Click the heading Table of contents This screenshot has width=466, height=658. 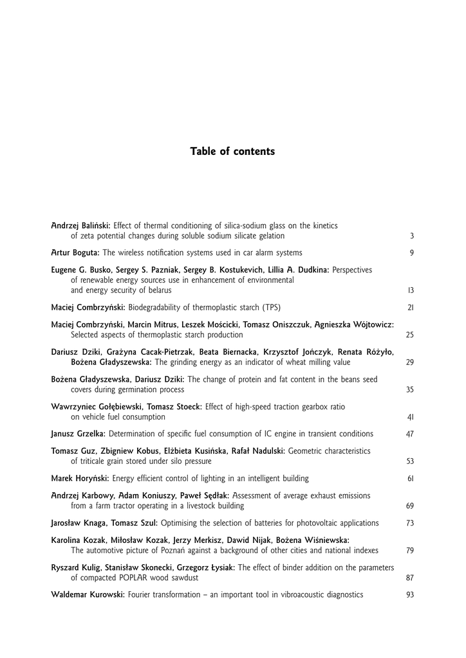click(232, 152)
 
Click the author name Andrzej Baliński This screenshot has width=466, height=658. click(81, 226)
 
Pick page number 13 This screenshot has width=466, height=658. click(411, 290)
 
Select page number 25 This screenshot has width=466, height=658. click(410, 335)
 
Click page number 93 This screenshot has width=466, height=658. click(410, 594)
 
